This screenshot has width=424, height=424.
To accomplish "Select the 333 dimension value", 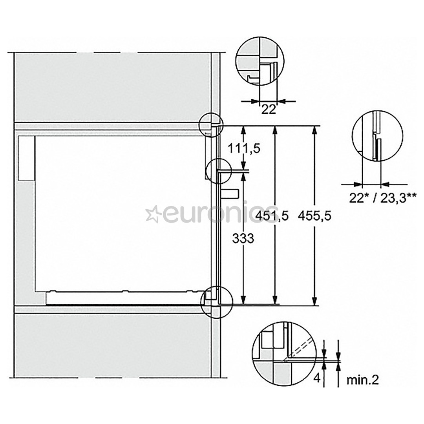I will coord(243,238).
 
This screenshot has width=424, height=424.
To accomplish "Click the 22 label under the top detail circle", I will coord(269,110).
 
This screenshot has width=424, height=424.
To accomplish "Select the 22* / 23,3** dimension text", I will coord(377,198).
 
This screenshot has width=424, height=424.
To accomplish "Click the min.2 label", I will coord(363,380).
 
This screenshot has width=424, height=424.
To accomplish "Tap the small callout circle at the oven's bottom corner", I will coord(216,302).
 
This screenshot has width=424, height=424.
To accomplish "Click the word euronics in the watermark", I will coord(220,215).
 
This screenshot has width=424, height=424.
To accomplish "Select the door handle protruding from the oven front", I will coord(230,194).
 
